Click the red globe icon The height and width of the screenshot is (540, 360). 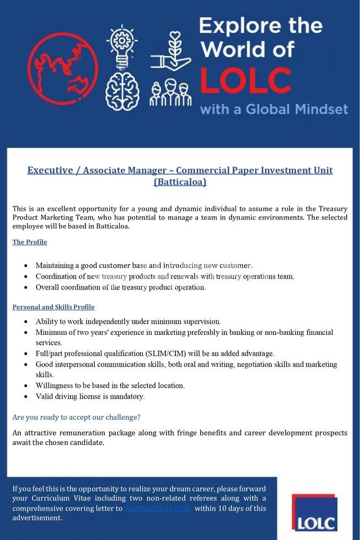tap(62, 68)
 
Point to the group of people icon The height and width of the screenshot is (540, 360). tap(170, 92)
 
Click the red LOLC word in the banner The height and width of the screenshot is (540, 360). tap(245, 80)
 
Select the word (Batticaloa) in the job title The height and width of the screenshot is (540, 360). tap(180, 181)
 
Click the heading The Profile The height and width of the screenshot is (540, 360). tap(30, 242)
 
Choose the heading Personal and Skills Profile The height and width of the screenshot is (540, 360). tap(53, 307)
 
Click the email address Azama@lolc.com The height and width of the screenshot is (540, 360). tap(158, 508)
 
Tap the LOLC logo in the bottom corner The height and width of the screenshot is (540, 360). tap(315, 512)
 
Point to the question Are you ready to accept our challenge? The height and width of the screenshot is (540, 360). tap(77, 418)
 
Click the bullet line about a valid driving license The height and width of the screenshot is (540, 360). tap(90, 396)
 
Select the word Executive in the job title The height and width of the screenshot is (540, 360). tap(50, 170)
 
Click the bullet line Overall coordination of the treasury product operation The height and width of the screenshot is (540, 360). tap(120, 287)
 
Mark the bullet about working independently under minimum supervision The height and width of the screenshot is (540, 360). tap(128, 321)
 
